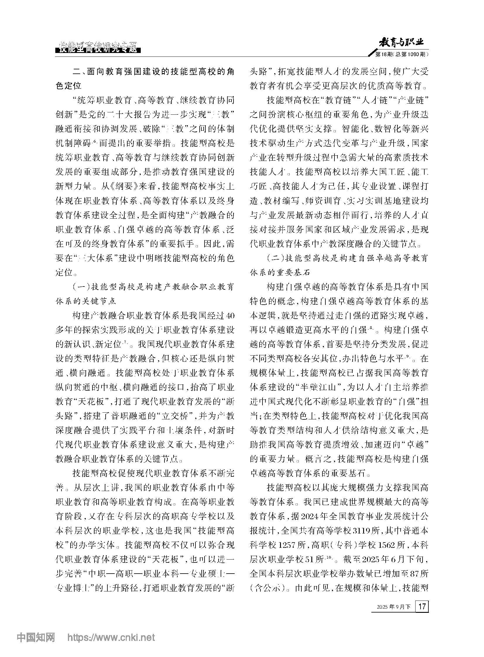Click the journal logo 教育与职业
401,43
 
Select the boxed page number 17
422,606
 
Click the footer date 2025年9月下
394,607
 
